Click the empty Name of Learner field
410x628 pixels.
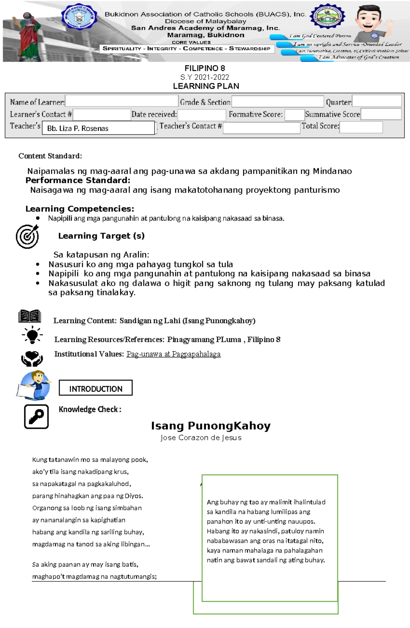pos(122,101)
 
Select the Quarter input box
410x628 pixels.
pos(377,101)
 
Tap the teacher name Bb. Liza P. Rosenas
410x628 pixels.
pos(78,128)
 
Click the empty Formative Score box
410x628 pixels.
pos(294,115)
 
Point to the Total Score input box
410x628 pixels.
pos(361,127)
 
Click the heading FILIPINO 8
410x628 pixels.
pos(205,68)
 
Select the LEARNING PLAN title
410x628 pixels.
pos(206,86)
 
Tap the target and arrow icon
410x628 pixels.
pos(28,236)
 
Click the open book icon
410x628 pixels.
pos(30,316)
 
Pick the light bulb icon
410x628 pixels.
pos(32,335)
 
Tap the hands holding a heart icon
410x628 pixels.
pos(32,359)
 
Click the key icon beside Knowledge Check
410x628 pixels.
pos(36,416)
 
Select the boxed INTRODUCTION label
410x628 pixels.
pos(96,388)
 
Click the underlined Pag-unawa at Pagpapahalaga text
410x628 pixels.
pos(173,354)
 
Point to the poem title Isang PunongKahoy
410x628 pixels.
pos(210,426)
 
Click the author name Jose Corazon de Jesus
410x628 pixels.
pos(201,438)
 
